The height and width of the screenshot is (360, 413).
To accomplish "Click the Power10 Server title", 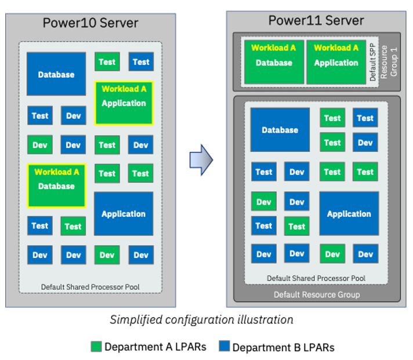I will (90, 23).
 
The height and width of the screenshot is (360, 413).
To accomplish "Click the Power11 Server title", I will (316, 20).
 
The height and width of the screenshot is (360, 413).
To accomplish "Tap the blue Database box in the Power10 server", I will (56, 74).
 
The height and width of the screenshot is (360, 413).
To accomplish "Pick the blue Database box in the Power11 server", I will (280, 130).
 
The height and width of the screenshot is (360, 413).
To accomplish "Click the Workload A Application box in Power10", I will (124, 103).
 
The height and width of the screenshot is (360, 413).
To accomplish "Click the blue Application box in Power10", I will (124, 214).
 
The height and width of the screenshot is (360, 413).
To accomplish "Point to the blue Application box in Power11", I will (349, 214).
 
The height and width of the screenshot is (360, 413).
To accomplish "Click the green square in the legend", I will (96, 347).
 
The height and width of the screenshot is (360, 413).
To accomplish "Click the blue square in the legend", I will (224, 347).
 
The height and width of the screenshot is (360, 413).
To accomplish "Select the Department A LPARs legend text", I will (155, 347).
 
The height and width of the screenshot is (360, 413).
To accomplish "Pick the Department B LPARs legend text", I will (283, 347).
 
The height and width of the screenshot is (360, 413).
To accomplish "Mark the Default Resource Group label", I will (317, 294).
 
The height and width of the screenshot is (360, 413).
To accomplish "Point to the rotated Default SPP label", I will (373, 63).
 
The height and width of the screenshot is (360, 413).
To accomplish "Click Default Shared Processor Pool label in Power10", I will (90, 287).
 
